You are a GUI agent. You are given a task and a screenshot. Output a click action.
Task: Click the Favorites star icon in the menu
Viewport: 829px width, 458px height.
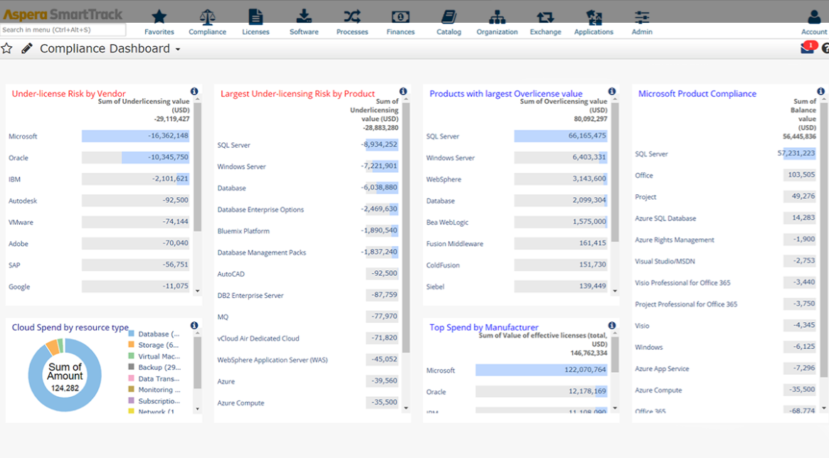tap(159, 17)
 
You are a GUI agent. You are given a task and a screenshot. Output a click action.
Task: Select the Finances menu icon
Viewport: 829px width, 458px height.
tap(401, 17)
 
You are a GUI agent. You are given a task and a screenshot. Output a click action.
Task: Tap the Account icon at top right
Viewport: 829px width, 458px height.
tap(814, 17)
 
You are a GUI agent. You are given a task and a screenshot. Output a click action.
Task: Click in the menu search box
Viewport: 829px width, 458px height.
tap(63, 30)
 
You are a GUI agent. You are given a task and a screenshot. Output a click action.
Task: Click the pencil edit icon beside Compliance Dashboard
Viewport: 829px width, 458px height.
tap(27, 48)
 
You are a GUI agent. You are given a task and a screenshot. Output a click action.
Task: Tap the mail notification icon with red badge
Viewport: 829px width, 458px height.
tap(807, 48)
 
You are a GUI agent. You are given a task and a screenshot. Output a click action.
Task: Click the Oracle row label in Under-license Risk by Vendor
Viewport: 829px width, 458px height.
tap(19, 158)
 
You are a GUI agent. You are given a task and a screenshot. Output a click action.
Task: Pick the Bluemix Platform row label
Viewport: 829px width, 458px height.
tap(243, 231)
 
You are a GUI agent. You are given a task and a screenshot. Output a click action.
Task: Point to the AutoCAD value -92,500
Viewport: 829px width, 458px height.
tap(384, 274)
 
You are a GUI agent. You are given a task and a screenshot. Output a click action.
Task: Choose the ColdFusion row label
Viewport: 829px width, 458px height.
tap(443, 265)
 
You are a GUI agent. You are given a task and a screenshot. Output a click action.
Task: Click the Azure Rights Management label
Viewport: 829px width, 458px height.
tap(674, 240)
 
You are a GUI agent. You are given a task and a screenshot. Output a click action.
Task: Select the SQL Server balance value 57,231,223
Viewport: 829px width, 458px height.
tap(796, 154)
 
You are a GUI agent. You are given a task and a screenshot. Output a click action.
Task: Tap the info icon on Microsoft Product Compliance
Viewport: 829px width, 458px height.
tap(820, 92)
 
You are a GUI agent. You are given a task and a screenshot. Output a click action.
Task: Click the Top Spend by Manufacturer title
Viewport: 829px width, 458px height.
tap(484, 327)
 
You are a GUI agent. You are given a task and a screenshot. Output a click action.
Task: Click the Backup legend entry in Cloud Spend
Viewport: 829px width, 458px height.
tap(159, 368)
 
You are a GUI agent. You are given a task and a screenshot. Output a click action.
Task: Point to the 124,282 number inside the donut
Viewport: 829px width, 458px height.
tap(65, 388)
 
